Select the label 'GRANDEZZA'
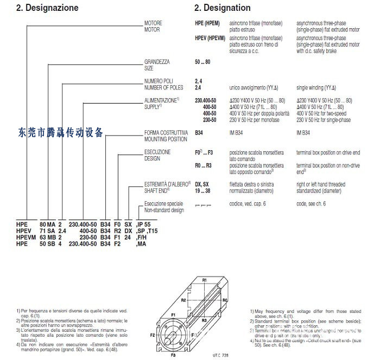click(156, 62)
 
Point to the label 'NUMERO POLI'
click(159, 81)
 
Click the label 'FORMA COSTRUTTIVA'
click(166, 133)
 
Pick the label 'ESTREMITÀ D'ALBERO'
click(166, 184)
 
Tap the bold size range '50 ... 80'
click(202, 62)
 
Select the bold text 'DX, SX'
click(201, 184)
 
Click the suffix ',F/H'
click(142, 237)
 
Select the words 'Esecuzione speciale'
click(164, 203)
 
